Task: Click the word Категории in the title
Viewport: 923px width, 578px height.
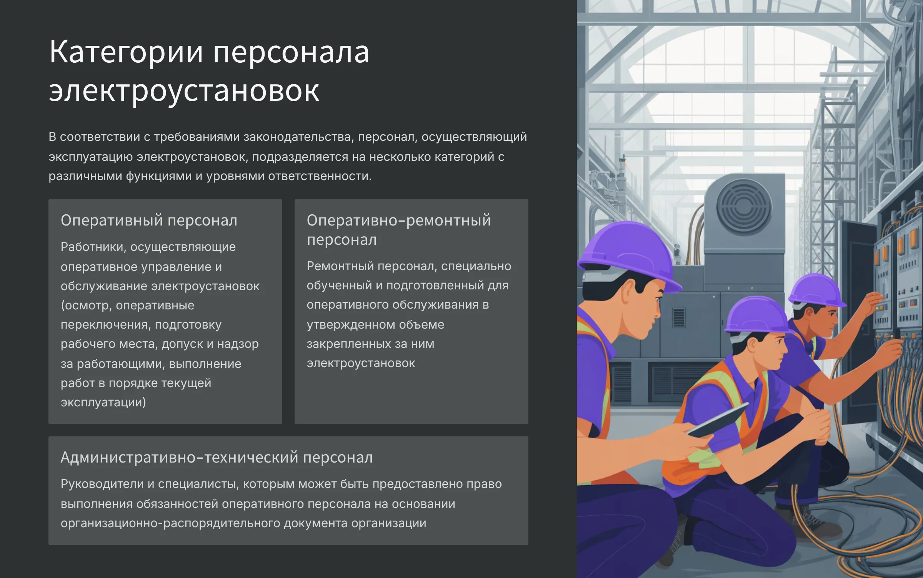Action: coord(126,52)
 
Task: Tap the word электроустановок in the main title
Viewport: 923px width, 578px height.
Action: coord(184,92)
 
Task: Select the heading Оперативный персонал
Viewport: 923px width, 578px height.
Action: coord(149,221)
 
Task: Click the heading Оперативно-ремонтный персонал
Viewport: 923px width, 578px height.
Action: coord(399,230)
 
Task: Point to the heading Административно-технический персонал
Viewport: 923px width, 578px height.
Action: coord(217,458)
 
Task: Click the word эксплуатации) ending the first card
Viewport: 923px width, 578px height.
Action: coord(103,403)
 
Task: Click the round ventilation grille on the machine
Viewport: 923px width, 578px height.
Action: coord(743,208)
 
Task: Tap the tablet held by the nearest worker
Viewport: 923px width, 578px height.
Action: coord(718,420)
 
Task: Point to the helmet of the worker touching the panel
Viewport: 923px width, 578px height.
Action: coord(815,291)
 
